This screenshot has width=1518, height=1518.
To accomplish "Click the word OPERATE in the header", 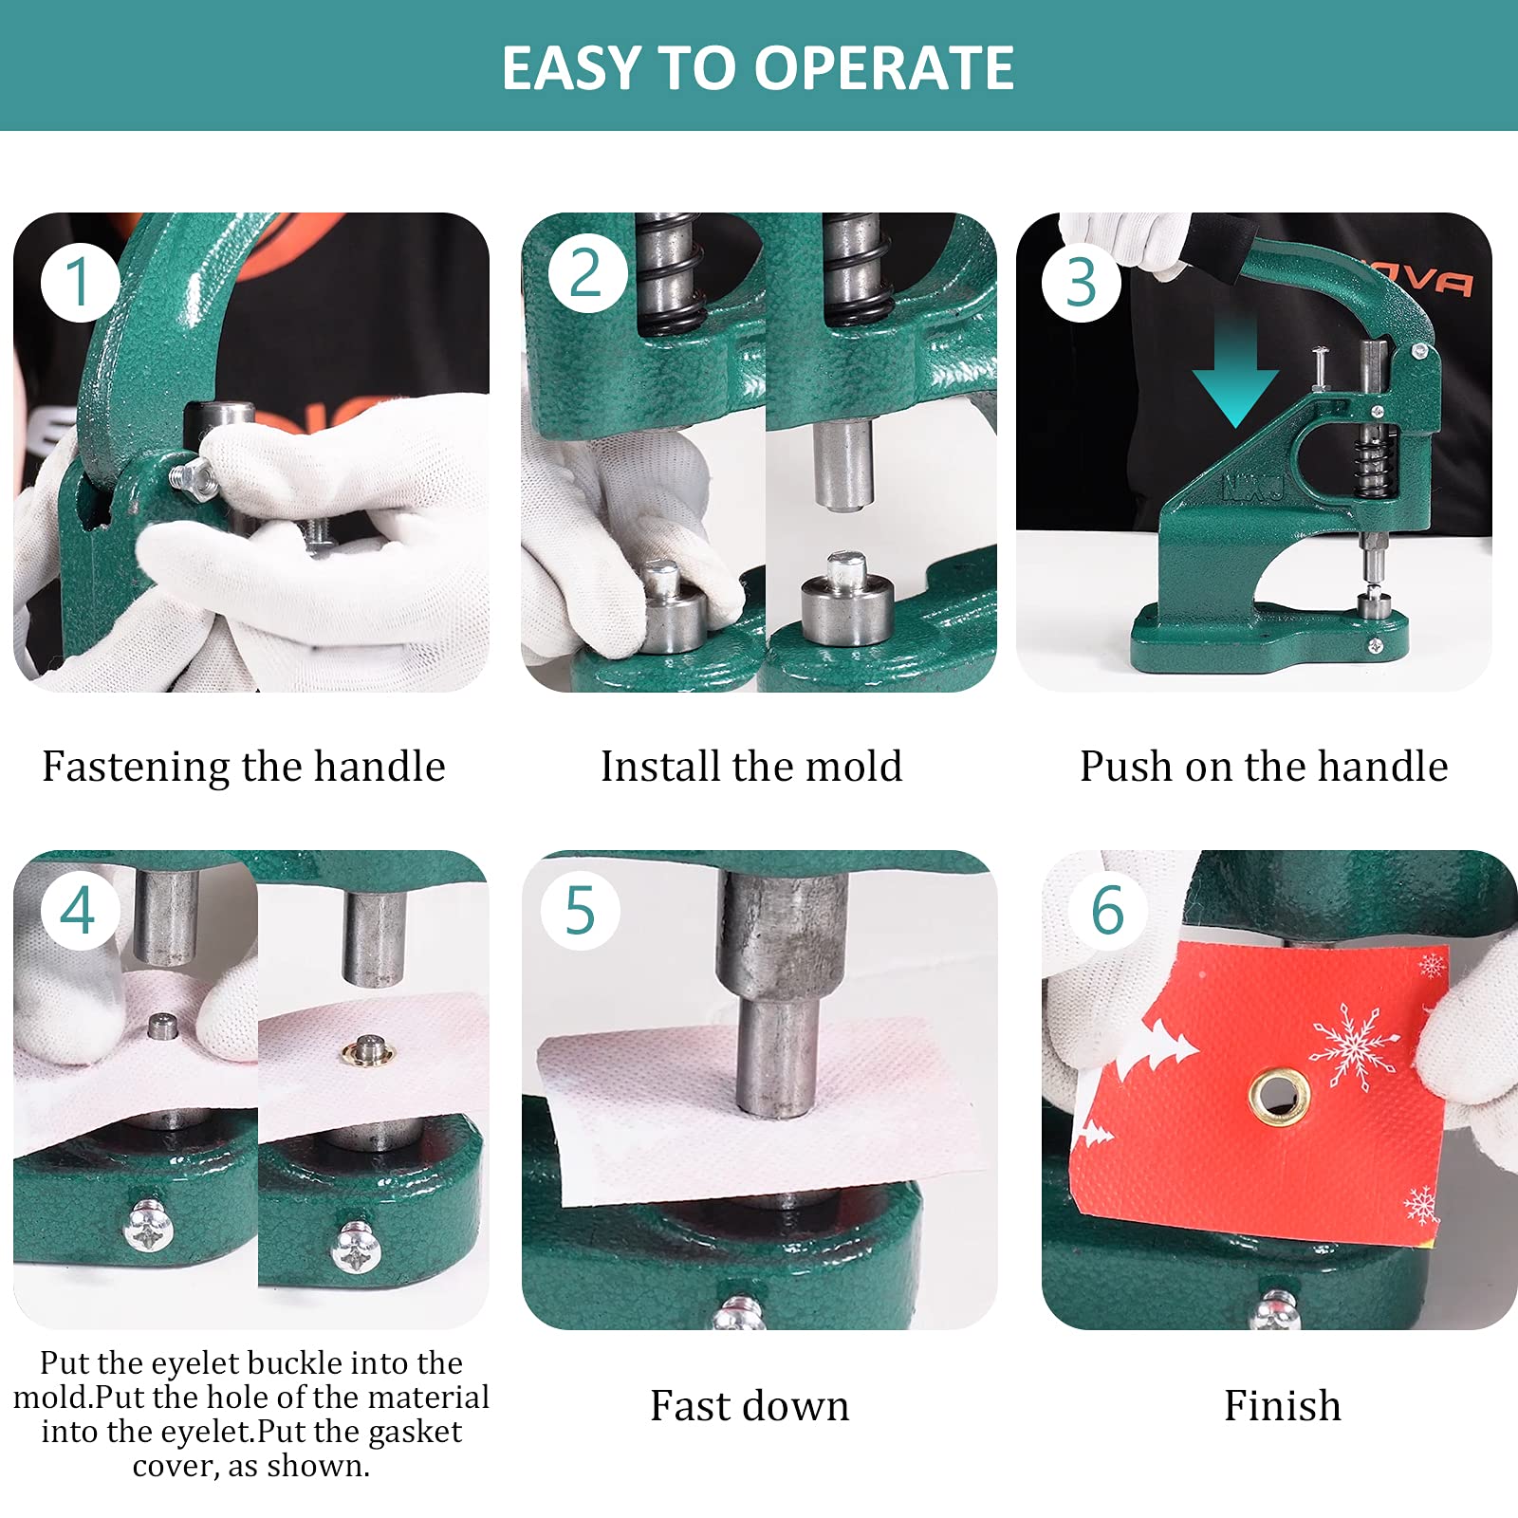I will point(883,68).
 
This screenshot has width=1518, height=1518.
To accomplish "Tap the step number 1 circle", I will point(79,282).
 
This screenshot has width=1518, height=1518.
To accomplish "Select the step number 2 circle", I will point(586,273).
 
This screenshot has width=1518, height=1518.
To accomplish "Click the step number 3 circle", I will point(1081,282).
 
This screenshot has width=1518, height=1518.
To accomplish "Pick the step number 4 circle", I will point(79,910).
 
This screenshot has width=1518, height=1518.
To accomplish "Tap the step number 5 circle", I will point(580,910).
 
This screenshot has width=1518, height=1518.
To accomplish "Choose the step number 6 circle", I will point(1107,910).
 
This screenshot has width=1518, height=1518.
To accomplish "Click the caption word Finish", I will point(1282,1406).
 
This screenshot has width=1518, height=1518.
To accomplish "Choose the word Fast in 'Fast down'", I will point(689,1406).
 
